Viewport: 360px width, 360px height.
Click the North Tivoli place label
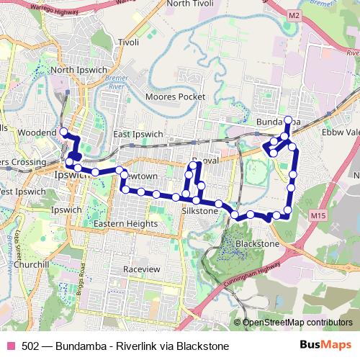click(193, 4)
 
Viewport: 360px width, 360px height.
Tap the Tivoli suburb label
click(129, 42)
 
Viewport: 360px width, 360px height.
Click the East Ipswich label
click(138, 135)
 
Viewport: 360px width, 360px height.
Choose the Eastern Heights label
click(126, 224)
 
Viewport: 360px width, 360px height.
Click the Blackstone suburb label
click(257, 244)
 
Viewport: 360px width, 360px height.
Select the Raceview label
click(140, 269)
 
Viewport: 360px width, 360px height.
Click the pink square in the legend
click(11, 346)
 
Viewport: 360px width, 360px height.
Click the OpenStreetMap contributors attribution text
click(297, 323)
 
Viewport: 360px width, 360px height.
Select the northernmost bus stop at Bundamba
click(288, 120)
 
